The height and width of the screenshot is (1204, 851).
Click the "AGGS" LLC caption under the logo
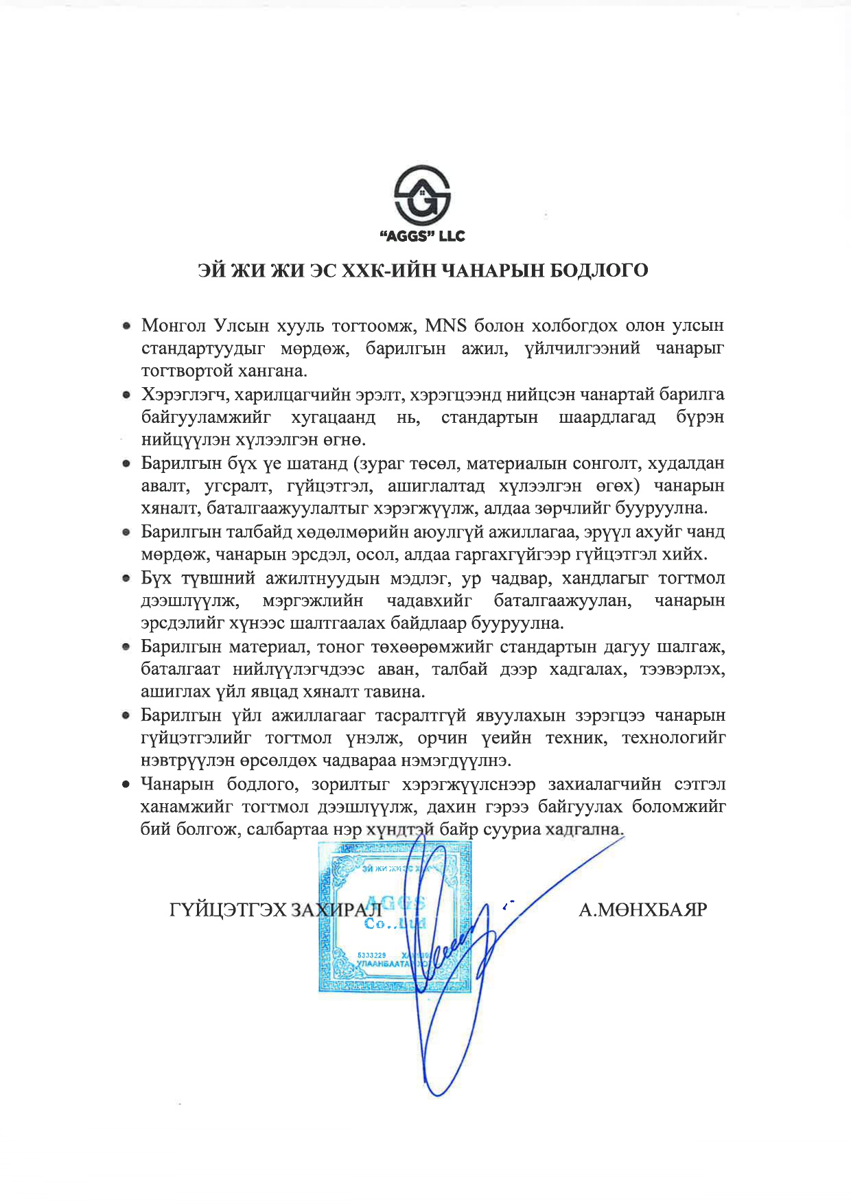coord(422,237)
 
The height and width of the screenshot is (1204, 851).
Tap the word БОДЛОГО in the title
coord(599,271)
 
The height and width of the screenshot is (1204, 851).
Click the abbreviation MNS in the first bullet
coord(446,325)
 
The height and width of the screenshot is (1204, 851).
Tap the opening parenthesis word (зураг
coord(378,463)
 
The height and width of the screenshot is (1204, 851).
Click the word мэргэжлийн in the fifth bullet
coord(313,601)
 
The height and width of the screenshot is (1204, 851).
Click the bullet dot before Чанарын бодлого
coord(126,784)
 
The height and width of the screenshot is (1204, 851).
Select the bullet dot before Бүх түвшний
coord(126,579)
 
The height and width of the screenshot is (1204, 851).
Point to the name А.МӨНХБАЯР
coord(643,910)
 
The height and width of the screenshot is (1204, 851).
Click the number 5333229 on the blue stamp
coord(372,955)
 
